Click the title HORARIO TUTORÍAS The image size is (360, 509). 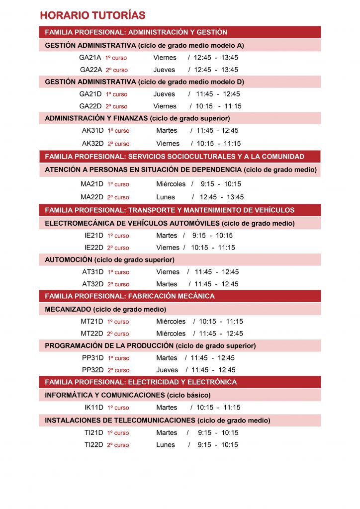pyautogui.click(x=93, y=15)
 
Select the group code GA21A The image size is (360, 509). pyautogui.click(x=90, y=58)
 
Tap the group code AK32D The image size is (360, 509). pyautogui.click(x=93, y=144)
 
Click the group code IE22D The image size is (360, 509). pyautogui.click(x=94, y=248)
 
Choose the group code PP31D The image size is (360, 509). pyautogui.click(x=93, y=358)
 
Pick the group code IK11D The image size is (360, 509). pyautogui.click(x=94, y=408)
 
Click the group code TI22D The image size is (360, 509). pyautogui.click(x=94, y=445)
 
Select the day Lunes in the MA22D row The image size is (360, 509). pyautogui.click(x=166, y=197)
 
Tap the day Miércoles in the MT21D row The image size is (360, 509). pyautogui.click(x=171, y=322)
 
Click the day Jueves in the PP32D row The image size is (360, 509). pyautogui.click(x=167, y=370)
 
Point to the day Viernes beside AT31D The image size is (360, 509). pyautogui.click(x=168, y=272)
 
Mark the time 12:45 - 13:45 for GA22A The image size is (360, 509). pyautogui.click(x=216, y=70)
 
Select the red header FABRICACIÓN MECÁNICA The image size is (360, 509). pyautogui.click(x=130, y=296)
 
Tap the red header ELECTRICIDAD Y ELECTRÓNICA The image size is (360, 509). pyautogui.click(x=141, y=382)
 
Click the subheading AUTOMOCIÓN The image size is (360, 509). pyautogui.click(x=109, y=259)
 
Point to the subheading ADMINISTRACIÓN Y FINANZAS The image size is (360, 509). pyautogui.click(x=137, y=118)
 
